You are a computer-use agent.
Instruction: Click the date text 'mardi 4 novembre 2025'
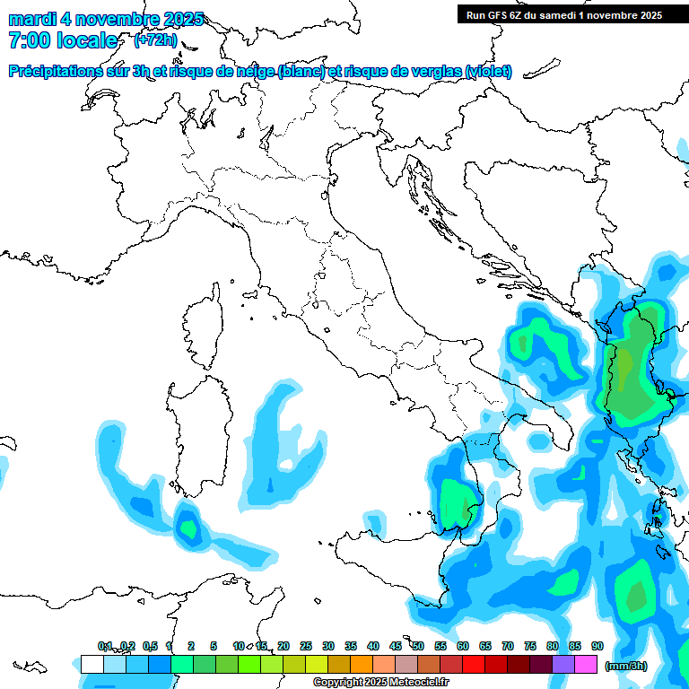point(106,19)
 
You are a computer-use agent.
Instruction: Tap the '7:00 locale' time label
point(63,40)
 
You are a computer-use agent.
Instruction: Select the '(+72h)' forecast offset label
point(155,40)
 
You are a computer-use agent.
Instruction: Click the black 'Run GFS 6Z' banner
point(563,14)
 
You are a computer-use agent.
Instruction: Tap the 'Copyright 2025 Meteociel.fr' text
point(380,683)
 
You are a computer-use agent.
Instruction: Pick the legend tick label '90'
point(597,646)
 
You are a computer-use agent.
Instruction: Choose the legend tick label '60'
point(462,646)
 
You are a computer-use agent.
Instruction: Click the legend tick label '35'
point(350,646)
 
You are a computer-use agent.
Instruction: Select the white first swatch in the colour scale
point(92,664)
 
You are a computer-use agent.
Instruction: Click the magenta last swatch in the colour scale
point(585,664)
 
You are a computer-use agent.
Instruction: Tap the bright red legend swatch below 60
point(473,664)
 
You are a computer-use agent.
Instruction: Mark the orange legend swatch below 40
point(361,664)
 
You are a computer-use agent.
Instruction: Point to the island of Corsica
point(203,327)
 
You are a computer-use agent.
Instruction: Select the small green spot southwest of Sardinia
point(188,528)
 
